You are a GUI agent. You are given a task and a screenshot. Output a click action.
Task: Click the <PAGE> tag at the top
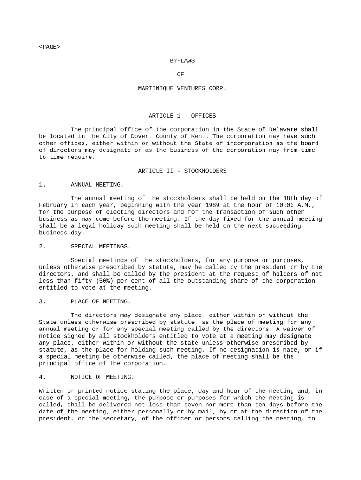50,47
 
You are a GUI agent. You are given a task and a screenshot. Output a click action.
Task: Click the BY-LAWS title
182,60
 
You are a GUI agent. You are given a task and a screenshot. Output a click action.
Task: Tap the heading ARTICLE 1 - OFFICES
182,116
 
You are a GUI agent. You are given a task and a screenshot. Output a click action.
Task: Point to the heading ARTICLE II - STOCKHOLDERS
182,171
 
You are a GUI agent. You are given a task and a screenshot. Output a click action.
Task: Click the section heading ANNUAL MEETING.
97,185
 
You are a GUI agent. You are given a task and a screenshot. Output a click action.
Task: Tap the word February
53,205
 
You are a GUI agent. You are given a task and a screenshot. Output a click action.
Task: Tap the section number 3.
42,301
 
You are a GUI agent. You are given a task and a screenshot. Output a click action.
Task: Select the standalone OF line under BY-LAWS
180,75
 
